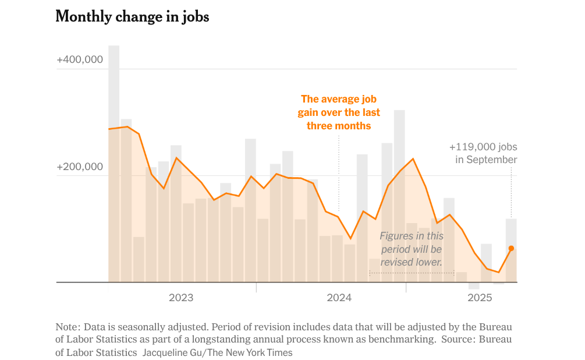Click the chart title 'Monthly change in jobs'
tap(132, 17)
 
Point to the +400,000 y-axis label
tap(80, 59)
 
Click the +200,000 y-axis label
tap(80, 167)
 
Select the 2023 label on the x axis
tap(181, 298)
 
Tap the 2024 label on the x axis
tap(339, 298)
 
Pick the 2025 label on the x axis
tap(480, 298)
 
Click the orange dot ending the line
tap(511, 248)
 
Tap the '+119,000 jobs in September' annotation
tap(483, 153)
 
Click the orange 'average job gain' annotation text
tap(339, 112)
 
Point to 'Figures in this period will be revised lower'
tap(411, 249)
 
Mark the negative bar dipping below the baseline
tap(474, 285)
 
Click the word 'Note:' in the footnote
tap(68, 327)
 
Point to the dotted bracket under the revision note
tap(412, 273)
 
